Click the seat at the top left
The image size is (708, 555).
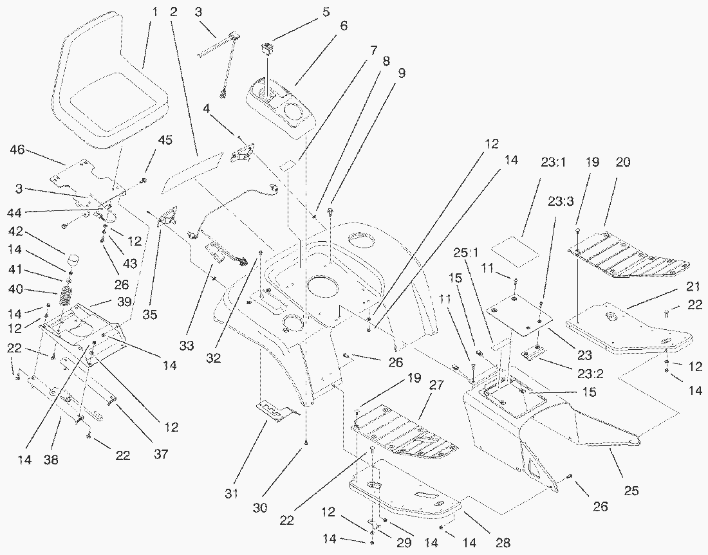click(113, 87)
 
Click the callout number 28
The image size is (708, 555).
click(503, 543)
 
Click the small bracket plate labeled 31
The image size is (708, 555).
click(275, 410)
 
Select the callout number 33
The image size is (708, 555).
click(186, 346)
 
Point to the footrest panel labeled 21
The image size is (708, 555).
click(628, 328)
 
